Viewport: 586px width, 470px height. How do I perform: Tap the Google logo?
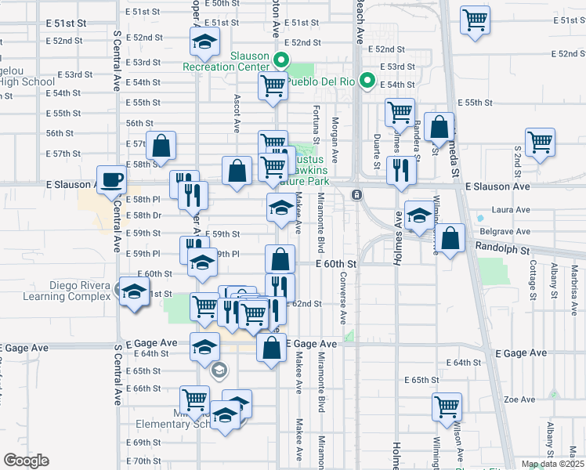26,461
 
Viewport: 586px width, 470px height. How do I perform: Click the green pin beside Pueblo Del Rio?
365,81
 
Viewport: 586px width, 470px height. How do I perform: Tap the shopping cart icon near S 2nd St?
541,142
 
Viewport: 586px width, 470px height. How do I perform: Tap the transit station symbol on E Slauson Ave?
356,194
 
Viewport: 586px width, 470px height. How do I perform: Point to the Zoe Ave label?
519,399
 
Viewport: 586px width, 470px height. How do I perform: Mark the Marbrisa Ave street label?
573,281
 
